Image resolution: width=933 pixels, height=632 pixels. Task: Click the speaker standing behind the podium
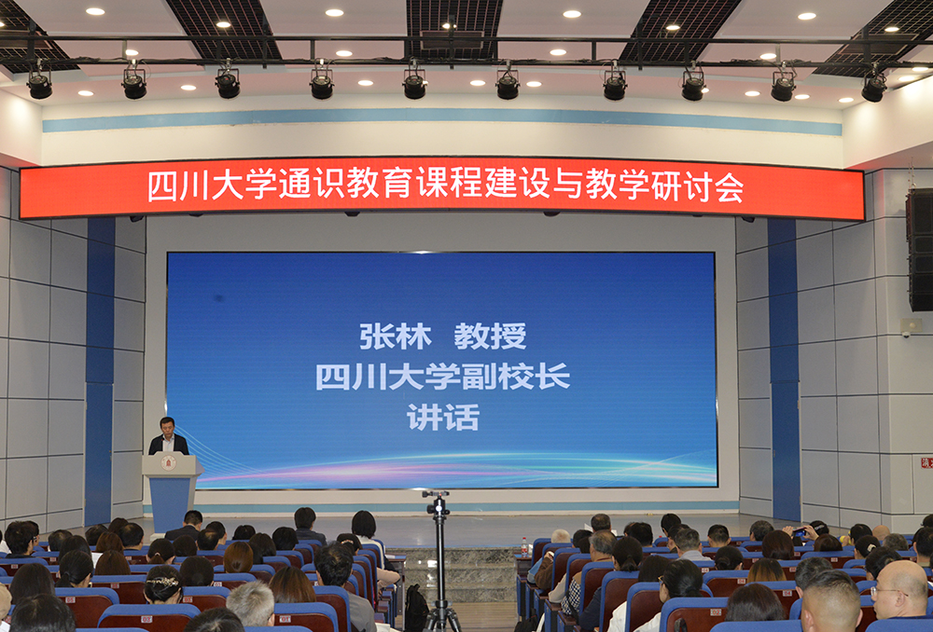pos(168,436)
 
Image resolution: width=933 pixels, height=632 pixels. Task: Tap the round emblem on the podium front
pos(168,462)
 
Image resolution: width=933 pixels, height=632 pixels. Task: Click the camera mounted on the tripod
pos(438,503)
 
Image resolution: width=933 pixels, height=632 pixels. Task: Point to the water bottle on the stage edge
pos(524,547)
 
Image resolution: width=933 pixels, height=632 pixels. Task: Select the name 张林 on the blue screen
pos(395,337)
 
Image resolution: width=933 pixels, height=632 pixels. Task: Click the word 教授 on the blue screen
pos(491,337)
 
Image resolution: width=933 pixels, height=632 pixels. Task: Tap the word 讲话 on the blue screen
pos(443,418)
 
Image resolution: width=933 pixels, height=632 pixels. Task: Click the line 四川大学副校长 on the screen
pos(442,377)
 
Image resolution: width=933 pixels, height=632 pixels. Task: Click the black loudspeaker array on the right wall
pos(920,250)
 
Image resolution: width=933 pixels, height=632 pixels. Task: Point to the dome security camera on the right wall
pos(906,334)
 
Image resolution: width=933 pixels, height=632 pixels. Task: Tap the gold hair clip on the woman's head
pos(163,582)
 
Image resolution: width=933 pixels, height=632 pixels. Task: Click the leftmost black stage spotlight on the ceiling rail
pos(39,85)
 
